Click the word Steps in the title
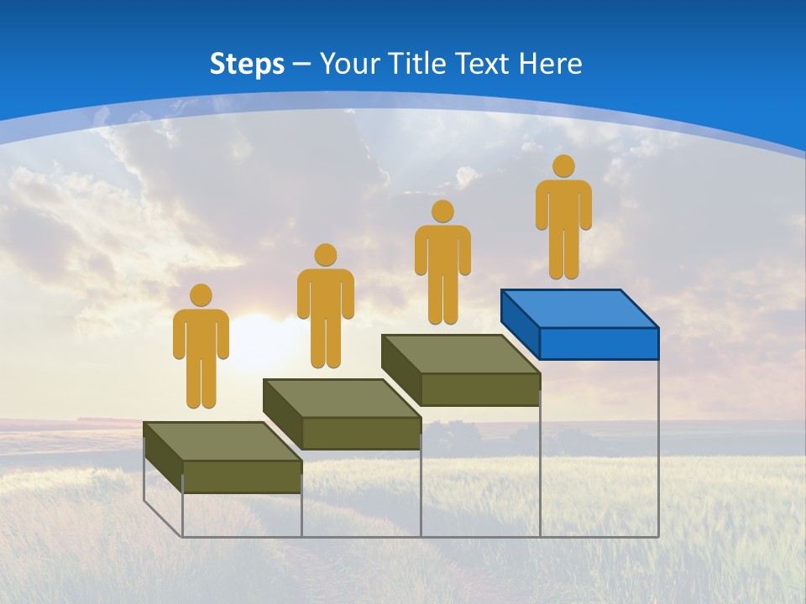tap(247, 64)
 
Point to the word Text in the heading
tap(484, 64)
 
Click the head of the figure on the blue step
tap(563, 166)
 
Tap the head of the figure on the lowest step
tap(201, 295)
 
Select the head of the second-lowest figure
tap(325, 255)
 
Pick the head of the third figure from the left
tap(442, 211)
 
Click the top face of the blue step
tap(579, 308)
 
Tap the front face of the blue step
tap(599, 344)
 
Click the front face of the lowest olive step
tap(242, 476)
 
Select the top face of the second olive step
tap(342, 398)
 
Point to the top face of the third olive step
tap(460, 353)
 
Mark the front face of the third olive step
tap(480, 389)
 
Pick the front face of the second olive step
tap(361, 433)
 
